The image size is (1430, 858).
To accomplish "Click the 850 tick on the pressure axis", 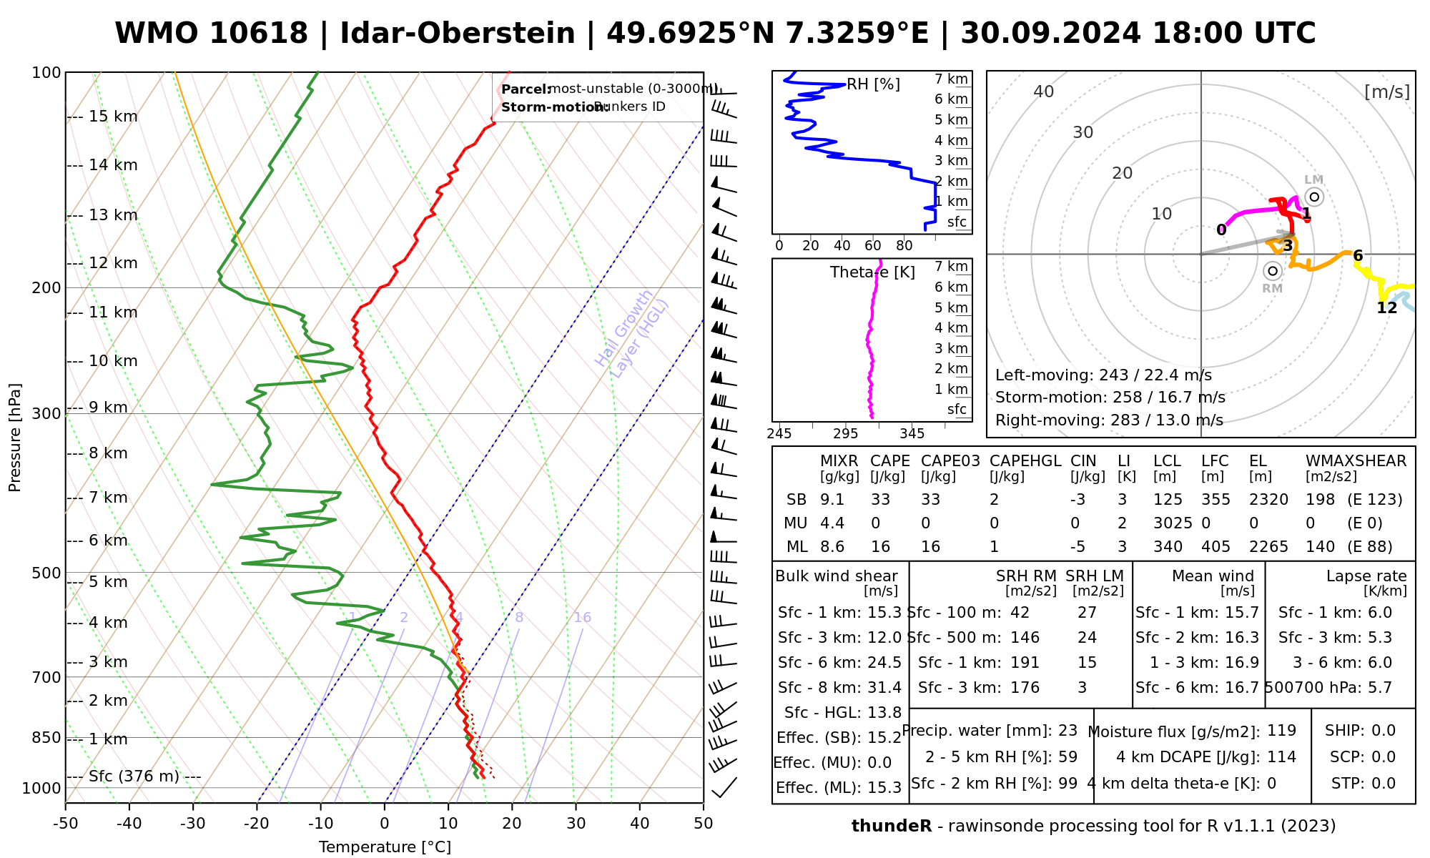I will point(47,737).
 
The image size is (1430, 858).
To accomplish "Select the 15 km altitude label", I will point(113,117).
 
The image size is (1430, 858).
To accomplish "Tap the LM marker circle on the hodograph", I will point(1314,197).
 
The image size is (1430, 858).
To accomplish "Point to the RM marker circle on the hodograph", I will point(1272,271).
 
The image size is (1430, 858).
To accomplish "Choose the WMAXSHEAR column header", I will point(1356,461).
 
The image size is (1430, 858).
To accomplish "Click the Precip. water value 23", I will point(1067,731).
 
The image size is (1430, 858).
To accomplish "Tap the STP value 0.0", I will point(1384,784).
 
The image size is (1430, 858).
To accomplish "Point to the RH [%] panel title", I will point(873,85).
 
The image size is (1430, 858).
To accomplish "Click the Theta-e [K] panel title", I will point(872,272).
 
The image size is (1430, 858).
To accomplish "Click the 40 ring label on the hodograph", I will point(1044,92).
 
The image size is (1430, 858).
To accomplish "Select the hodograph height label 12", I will point(1386,308).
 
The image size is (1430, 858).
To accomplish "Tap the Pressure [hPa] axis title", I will point(15,438).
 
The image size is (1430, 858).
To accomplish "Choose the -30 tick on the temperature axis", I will point(193,824).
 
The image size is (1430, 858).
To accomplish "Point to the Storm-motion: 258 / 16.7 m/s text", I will point(1110,398).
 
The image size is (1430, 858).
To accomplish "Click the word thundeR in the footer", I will point(891,827).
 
